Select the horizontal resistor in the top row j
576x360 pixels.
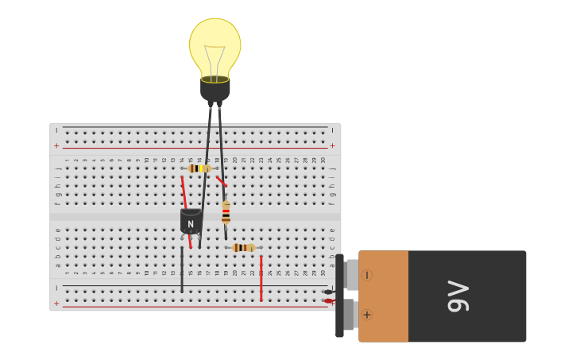(199, 168)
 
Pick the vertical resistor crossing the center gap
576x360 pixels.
(226, 212)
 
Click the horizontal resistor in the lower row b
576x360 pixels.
(243, 248)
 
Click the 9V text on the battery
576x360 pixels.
(459, 296)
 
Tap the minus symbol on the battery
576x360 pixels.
(367, 275)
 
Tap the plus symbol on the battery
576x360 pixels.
(367, 315)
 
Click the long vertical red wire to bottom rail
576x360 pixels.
(261, 278)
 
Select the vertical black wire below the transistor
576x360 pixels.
(182, 270)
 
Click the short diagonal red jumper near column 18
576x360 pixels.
(221, 181)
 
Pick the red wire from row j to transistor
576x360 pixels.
(184, 192)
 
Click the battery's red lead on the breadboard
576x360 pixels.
(328, 301)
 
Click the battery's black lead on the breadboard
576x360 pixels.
(328, 292)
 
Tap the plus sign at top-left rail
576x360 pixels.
(56, 146)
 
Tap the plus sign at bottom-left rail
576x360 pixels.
(56, 304)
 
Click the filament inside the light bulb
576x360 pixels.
(215, 60)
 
